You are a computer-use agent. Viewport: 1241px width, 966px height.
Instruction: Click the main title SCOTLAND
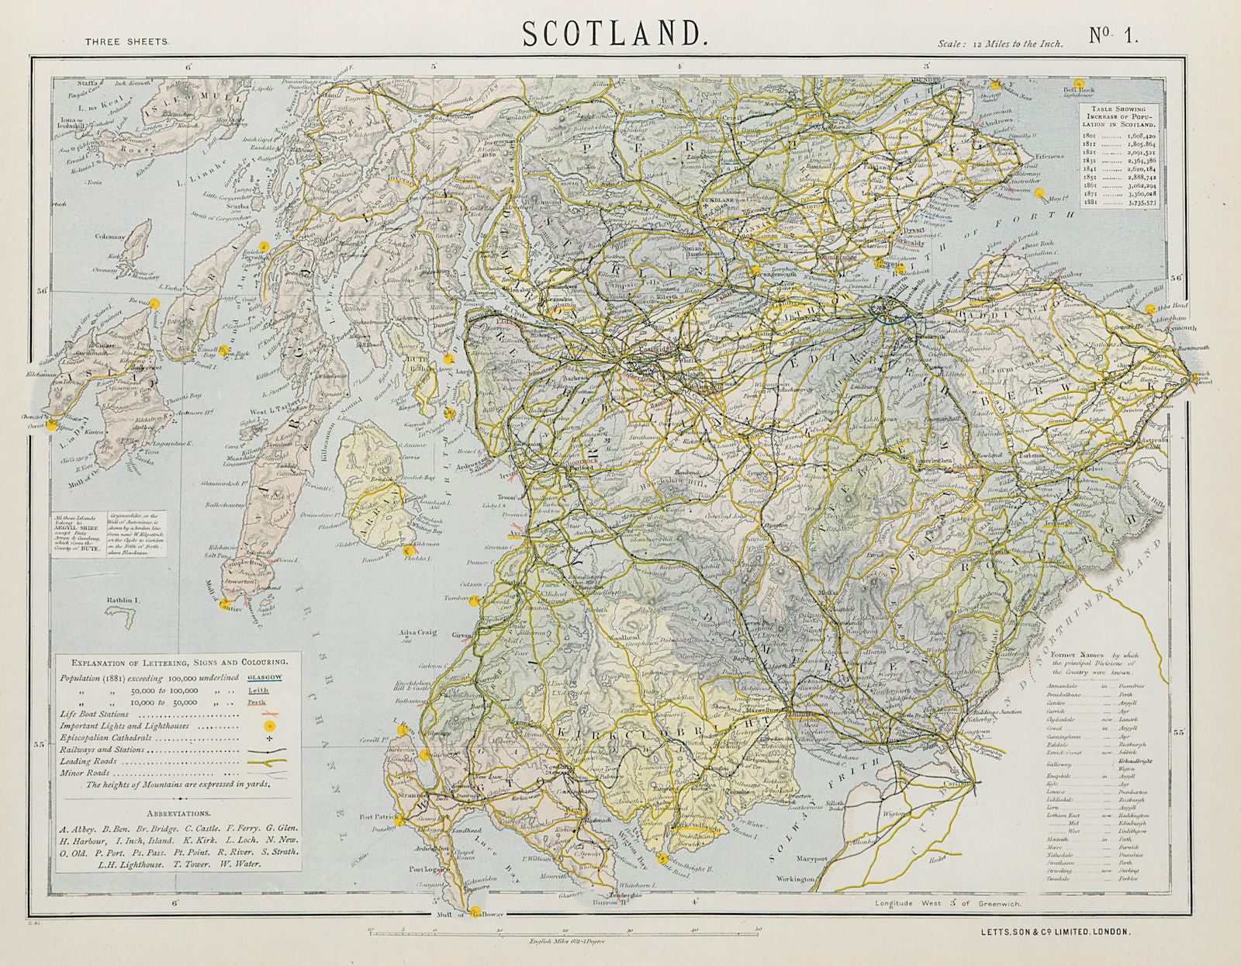click(614, 33)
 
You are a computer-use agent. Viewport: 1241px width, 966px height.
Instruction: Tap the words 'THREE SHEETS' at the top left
click(126, 42)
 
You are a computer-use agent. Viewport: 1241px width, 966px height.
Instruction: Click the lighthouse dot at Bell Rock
click(1077, 83)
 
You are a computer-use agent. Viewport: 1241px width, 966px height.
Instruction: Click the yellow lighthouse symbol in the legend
click(268, 726)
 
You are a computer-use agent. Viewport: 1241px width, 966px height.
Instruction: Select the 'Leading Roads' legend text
click(88, 761)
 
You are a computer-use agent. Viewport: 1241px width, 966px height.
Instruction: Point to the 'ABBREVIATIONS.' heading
click(178, 814)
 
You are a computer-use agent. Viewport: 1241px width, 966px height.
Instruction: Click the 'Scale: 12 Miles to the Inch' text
click(1000, 44)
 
